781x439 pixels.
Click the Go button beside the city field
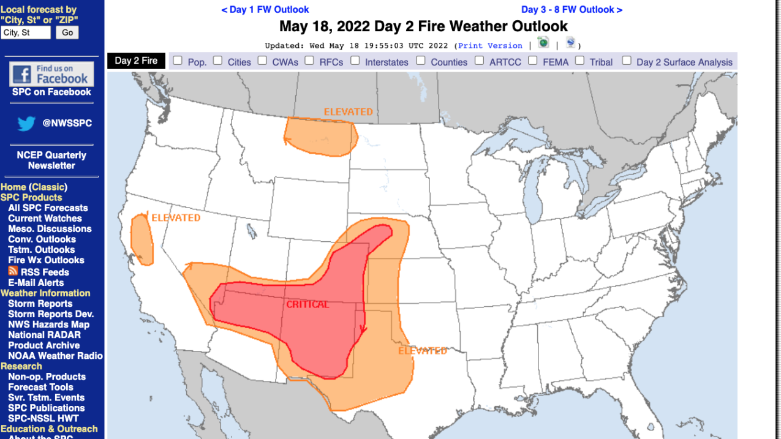(67, 32)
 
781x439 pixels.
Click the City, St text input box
(26, 32)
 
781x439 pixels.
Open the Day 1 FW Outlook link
(265, 10)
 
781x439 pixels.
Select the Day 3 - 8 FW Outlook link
(572, 10)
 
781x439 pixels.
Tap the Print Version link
(490, 46)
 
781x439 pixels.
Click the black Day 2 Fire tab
(136, 61)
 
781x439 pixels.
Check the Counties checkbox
(421, 61)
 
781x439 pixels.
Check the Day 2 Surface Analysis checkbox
(627, 61)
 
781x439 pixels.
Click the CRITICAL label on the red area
(307, 304)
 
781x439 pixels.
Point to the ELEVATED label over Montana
(348, 112)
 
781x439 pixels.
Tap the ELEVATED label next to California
(175, 218)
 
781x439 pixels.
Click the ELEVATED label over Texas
(423, 351)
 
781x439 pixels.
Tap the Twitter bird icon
(26, 124)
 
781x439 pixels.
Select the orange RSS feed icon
(13, 271)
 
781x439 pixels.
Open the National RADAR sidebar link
(44, 335)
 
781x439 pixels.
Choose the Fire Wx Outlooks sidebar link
(46, 260)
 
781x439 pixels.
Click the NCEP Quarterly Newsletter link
(51, 160)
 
